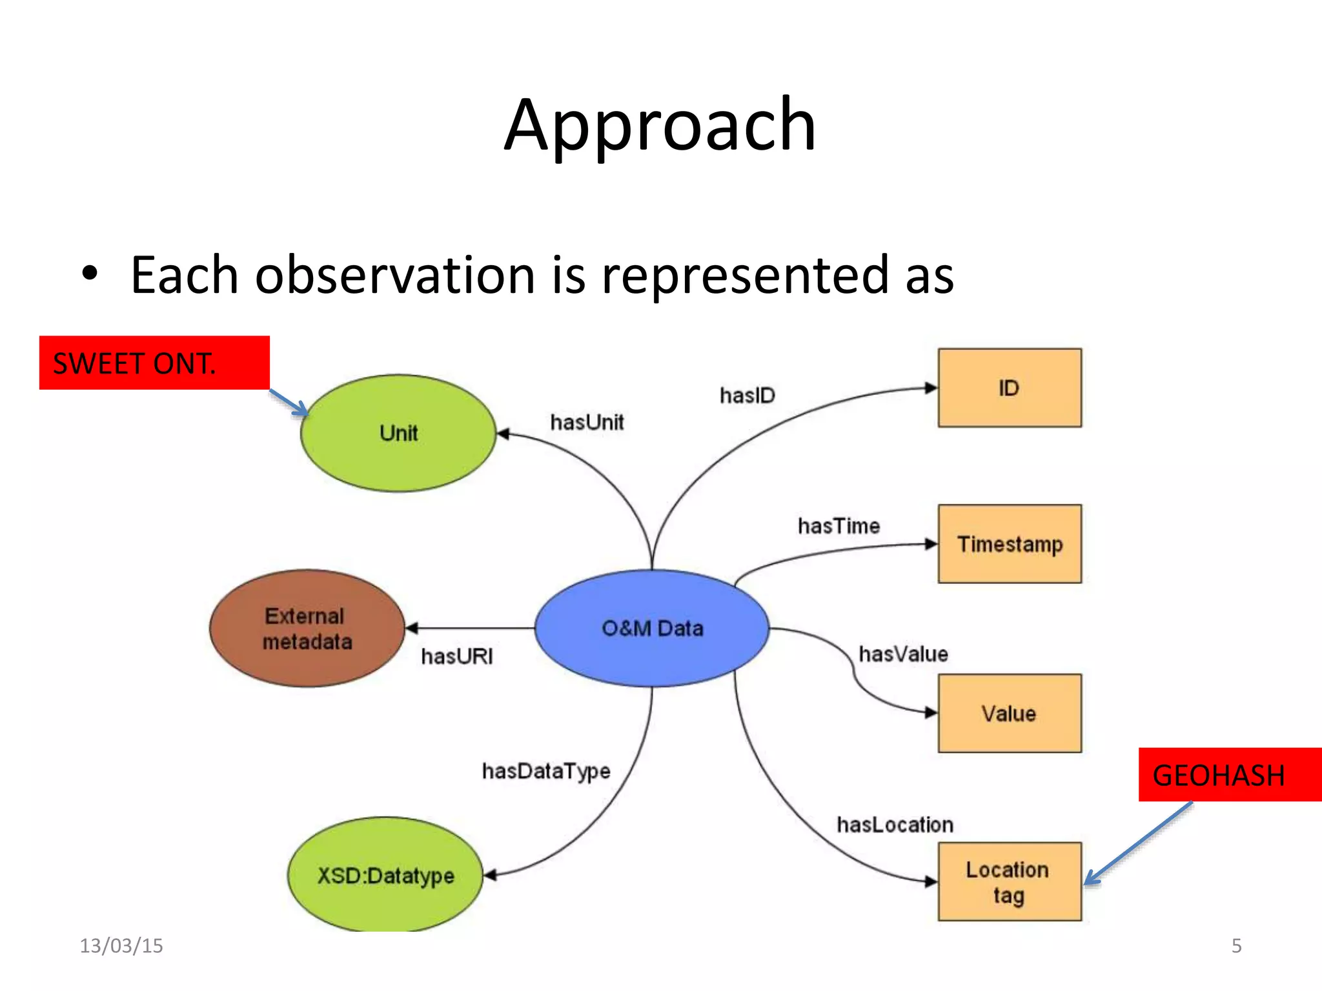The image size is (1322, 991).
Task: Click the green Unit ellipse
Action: click(x=398, y=433)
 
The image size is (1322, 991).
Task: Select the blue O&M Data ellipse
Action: click(x=652, y=628)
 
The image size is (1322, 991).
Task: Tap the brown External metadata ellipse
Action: click(x=307, y=628)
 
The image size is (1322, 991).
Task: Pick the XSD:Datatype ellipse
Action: click(x=385, y=876)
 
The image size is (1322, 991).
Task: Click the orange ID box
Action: click(x=1009, y=388)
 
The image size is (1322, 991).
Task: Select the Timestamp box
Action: click(x=1009, y=544)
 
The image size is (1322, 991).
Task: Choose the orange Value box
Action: click(x=1009, y=713)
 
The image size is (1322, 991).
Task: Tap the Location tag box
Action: click(x=1009, y=881)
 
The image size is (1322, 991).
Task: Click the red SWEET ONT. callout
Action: click(x=154, y=363)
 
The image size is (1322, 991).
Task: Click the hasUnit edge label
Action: click(x=587, y=423)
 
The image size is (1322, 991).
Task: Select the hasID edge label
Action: click(x=747, y=395)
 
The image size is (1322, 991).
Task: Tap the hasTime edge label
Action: click(x=839, y=526)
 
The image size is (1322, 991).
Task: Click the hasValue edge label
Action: click(x=903, y=654)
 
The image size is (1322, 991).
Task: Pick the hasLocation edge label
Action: click(x=895, y=825)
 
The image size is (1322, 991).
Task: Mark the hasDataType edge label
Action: click(x=546, y=771)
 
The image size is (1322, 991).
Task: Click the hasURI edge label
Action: click(x=456, y=657)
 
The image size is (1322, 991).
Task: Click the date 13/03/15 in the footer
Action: click(x=121, y=946)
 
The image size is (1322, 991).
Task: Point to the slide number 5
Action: click(x=1236, y=946)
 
